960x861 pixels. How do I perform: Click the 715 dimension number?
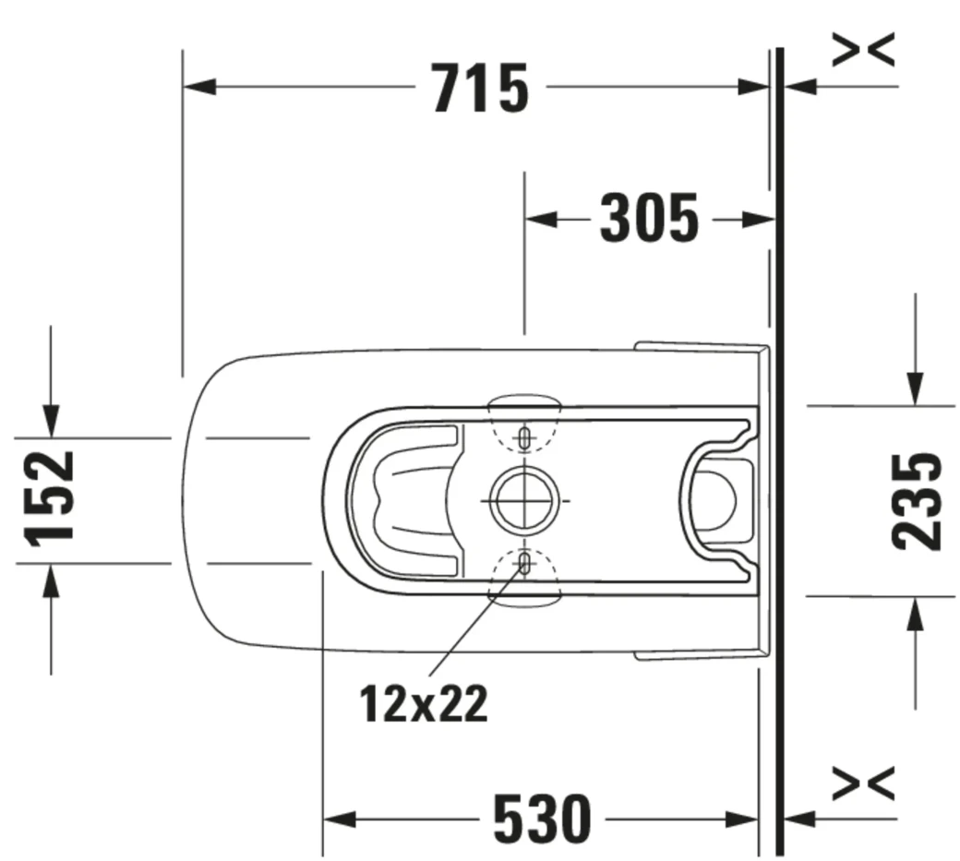(x=481, y=89)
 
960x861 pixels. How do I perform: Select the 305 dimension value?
(x=649, y=220)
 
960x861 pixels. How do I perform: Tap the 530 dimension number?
(x=541, y=819)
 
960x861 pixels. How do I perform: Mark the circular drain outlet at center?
(x=522, y=500)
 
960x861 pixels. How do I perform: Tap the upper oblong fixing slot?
(x=524, y=437)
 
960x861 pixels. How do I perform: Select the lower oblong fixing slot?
(x=524, y=562)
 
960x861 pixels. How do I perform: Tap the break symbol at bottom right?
(x=863, y=783)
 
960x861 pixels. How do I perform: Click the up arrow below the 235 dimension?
(x=915, y=613)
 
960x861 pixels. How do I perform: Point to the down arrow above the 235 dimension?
(x=915, y=388)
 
